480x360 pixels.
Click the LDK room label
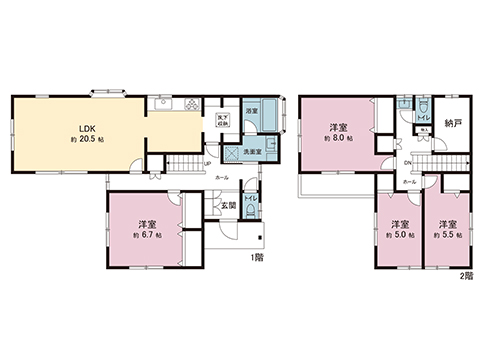tap(87, 128)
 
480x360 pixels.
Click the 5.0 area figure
tap(401, 235)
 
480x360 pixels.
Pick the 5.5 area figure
tap(445, 235)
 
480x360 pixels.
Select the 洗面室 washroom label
tap(254, 151)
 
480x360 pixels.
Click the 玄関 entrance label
tap(229, 205)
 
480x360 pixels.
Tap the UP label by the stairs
tap(206, 164)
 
